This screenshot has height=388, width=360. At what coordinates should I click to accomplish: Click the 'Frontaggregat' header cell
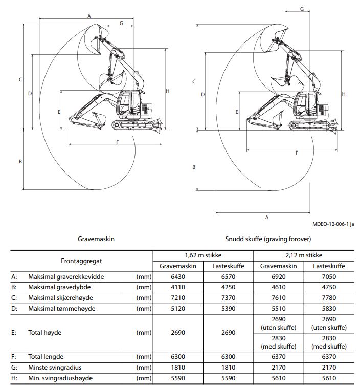point(81,261)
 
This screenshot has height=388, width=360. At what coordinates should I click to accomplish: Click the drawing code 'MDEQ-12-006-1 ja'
point(333,224)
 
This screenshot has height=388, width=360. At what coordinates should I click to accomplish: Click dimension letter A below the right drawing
point(266,217)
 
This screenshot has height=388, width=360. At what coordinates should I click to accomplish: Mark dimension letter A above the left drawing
point(89,16)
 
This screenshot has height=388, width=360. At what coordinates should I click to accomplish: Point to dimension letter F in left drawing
point(118,141)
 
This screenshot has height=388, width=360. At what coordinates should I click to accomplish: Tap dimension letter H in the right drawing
point(344,94)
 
